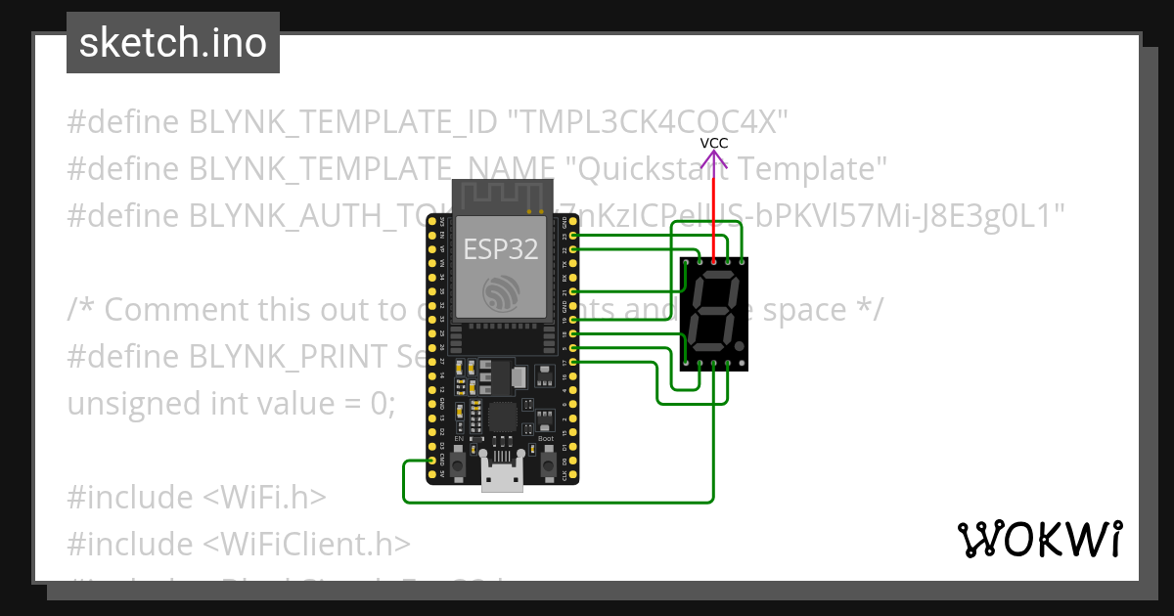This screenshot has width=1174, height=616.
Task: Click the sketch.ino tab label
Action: coord(173,43)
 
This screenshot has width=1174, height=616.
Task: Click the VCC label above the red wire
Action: coord(714,143)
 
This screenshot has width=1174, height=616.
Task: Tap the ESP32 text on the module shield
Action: coord(501,248)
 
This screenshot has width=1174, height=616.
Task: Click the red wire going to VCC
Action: coord(714,210)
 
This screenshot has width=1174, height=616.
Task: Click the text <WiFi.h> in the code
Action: coord(264,498)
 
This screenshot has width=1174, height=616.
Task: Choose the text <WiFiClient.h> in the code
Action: coord(307,544)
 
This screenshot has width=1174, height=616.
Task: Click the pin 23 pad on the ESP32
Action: coord(573,236)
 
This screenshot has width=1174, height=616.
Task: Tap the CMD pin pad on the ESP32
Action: coord(431,461)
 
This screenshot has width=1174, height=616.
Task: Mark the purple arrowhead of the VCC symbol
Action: coord(714,155)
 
